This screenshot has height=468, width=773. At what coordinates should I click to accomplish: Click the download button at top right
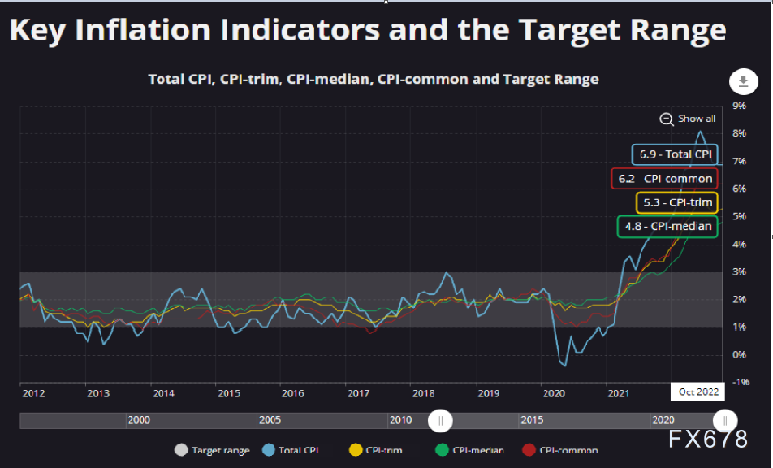(x=743, y=81)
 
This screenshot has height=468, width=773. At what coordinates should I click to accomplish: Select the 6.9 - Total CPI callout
(x=674, y=154)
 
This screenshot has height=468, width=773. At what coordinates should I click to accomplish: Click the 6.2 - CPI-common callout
(x=664, y=179)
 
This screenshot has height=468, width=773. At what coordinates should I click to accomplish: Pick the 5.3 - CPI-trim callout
(x=676, y=202)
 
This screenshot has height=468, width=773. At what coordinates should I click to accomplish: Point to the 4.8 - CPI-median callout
(x=667, y=226)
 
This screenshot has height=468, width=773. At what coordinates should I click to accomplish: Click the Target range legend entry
(x=213, y=450)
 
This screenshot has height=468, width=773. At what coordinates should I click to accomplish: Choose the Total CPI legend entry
(x=294, y=450)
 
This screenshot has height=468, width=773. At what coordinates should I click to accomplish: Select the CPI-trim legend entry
(x=375, y=450)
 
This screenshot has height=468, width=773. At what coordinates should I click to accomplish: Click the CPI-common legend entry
(x=559, y=450)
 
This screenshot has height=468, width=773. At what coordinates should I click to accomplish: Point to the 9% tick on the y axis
(x=739, y=106)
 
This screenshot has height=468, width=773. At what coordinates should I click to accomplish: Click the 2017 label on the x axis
(x=358, y=393)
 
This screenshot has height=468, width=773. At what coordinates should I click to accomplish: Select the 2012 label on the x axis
(x=33, y=393)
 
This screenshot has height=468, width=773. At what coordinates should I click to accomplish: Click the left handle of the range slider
(x=440, y=420)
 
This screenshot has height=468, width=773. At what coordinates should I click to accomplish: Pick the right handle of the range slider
(x=724, y=420)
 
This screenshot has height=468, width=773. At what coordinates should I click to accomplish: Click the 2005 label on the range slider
(x=270, y=420)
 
